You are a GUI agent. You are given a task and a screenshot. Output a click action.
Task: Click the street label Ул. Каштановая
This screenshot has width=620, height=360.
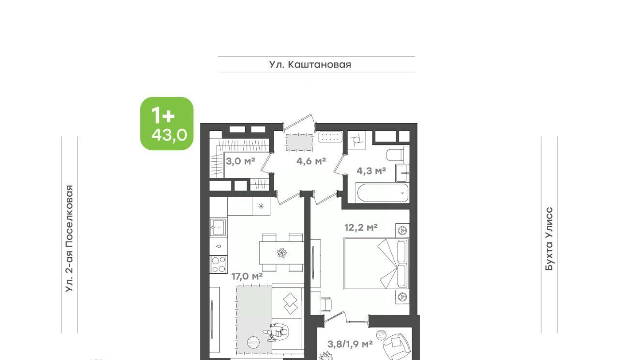click(x=310, y=65)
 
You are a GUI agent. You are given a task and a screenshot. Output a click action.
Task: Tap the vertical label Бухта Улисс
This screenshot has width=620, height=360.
click(x=549, y=239)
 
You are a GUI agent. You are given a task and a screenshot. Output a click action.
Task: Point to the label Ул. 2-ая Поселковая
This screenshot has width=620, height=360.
click(x=69, y=238)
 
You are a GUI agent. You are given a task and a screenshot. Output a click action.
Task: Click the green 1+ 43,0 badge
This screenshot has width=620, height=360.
click(x=167, y=124)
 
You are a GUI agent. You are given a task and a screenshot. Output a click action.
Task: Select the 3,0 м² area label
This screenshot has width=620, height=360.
click(x=240, y=161)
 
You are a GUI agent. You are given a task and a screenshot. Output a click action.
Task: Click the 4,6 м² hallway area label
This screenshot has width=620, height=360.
click(x=311, y=161)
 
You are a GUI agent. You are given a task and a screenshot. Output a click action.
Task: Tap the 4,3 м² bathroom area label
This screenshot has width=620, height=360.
click(x=371, y=171)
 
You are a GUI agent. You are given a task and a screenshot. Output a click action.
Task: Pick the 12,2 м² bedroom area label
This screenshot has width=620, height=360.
click(x=361, y=227)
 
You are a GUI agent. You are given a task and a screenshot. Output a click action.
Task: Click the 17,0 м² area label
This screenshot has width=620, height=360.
click(x=247, y=276)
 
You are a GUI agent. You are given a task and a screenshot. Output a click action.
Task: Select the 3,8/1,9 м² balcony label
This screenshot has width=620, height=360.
click(x=350, y=344)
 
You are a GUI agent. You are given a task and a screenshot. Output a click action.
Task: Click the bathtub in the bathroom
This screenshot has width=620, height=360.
click(x=383, y=193)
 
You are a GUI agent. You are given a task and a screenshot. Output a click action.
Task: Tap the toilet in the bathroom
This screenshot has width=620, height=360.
click(x=395, y=156)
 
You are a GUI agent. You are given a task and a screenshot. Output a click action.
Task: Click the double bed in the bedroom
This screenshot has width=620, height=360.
click(x=376, y=264)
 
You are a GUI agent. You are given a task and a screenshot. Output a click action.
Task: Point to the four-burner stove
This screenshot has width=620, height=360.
click(x=218, y=265)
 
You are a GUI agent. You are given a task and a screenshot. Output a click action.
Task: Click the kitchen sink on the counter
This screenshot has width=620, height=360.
click(x=218, y=227)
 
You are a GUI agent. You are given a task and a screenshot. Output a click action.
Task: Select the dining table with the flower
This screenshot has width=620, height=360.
click(x=281, y=252)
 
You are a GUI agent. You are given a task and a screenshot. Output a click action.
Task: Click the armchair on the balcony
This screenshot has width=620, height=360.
click(x=396, y=346)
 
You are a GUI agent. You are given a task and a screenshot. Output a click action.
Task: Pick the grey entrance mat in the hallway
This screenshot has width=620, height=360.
click(x=299, y=142)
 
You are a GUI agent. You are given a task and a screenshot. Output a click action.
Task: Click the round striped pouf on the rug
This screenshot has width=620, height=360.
click(x=253, y=343)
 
